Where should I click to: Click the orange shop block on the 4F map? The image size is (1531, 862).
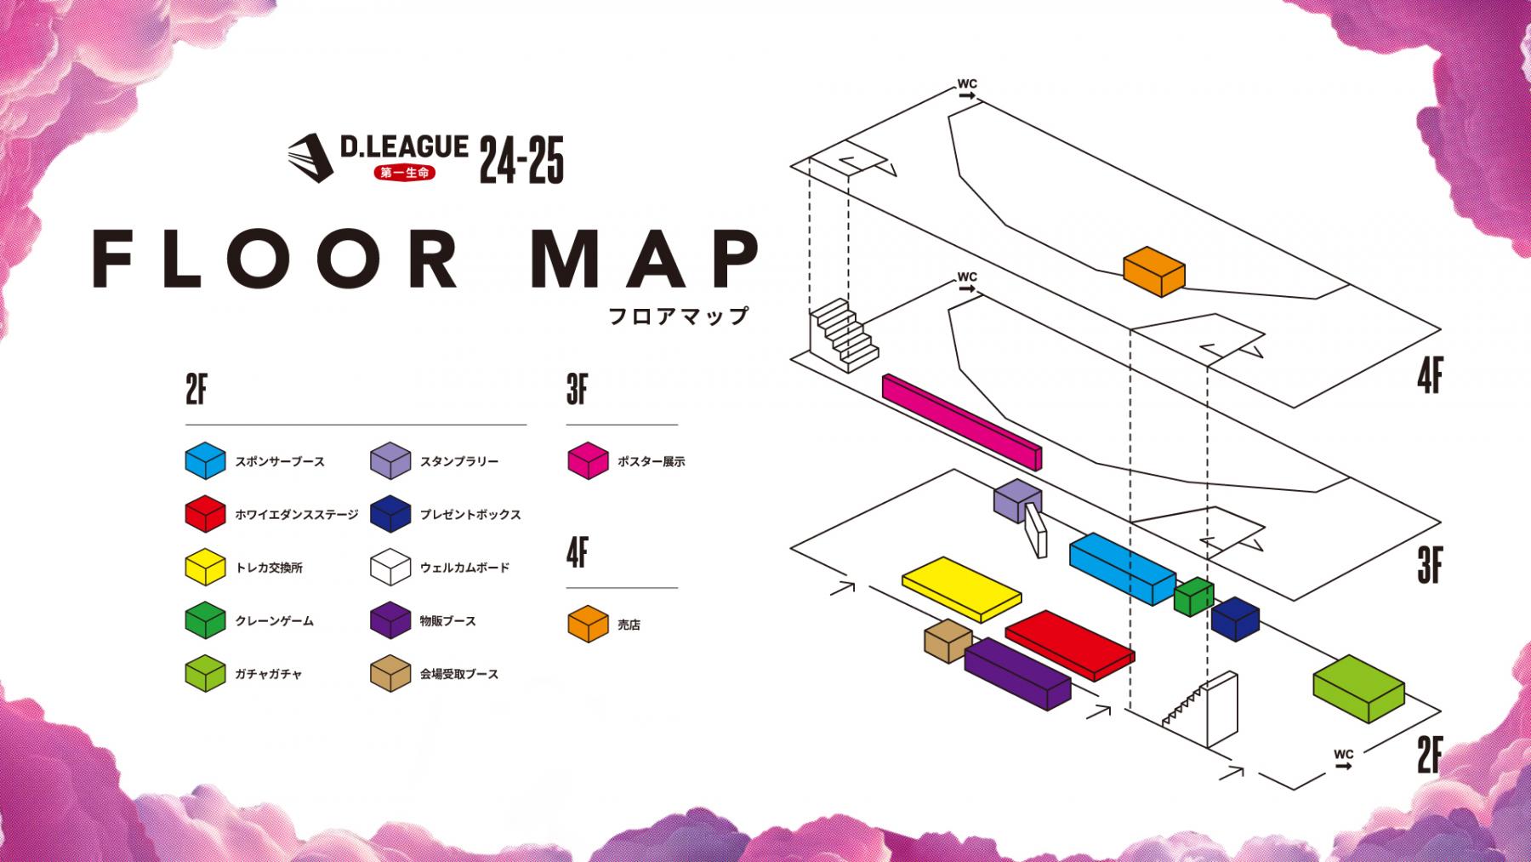[1154, 271]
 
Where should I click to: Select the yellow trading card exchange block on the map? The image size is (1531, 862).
[961, 586]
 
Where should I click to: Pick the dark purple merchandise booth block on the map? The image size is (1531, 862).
[1016, 673]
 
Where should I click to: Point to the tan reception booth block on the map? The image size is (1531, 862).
[948, 641]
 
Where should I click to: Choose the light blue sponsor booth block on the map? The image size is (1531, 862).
[1122, 568]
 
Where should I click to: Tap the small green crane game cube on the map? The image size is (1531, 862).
[1193, 596]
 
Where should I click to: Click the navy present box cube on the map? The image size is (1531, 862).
[1235, 618]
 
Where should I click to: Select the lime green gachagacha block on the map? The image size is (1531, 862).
[1357, 688]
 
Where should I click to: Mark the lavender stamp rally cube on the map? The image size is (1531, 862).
[1017, 500]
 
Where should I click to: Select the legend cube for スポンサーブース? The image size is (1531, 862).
[205, 461]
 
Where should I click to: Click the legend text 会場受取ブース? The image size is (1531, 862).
[458, 675]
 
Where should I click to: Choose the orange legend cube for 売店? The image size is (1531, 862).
[587, 624]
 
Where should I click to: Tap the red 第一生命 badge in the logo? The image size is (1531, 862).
[404, 172]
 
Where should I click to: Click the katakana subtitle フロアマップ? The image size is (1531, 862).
[679, 316]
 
